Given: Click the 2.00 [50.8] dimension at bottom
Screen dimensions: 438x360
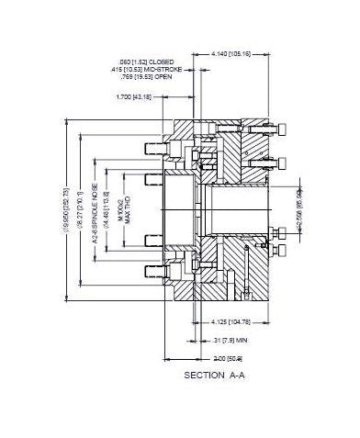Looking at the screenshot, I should (x=227, y=356).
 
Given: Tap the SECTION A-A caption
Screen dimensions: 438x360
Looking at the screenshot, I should (x=213, y=376).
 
